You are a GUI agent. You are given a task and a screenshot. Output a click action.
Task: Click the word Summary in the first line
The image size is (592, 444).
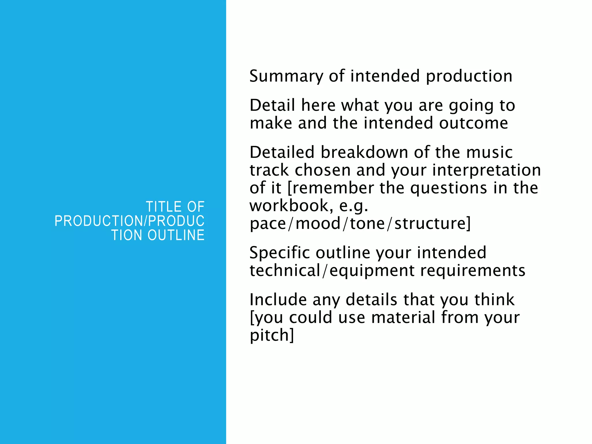click(286, 76)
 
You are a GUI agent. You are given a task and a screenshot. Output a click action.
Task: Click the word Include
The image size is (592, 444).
click(278, 299)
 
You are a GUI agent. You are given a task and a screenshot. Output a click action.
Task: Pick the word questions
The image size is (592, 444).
click(449, 188)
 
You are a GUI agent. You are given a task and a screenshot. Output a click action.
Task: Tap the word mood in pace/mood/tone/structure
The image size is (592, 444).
click(318, 224)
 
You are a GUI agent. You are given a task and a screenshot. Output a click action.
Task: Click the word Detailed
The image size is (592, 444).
click(282, 152)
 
